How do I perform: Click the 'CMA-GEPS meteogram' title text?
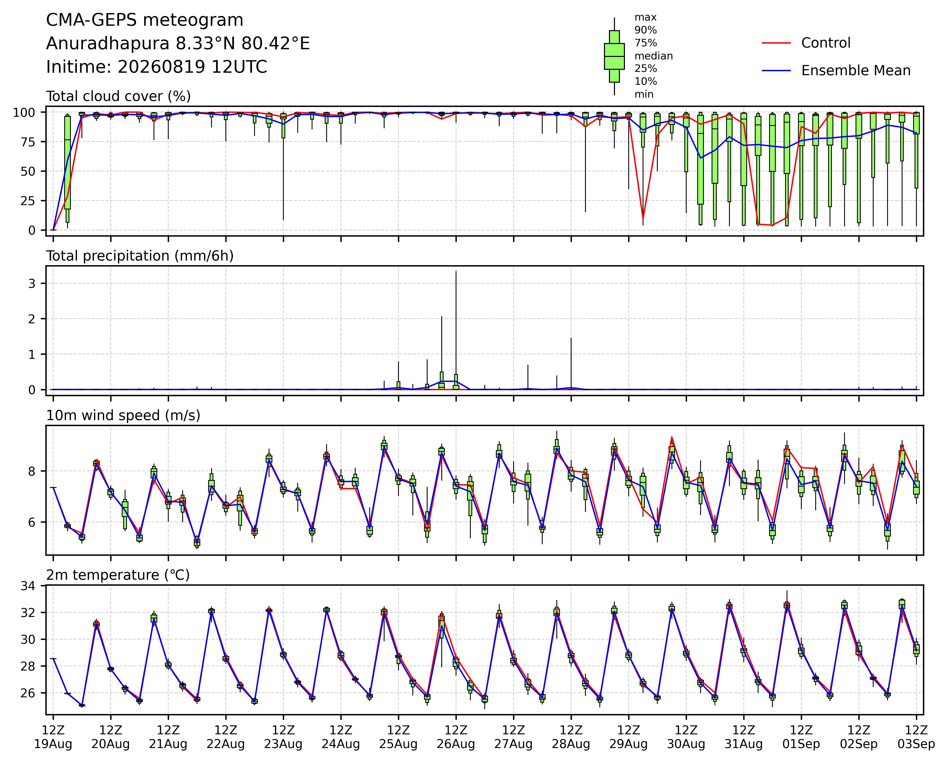[145, 20]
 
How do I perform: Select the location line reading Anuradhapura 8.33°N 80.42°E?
[178, 44]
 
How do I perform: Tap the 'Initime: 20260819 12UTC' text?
[156, 67]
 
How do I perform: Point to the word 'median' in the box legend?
[653, 56]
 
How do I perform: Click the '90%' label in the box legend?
[646, 30]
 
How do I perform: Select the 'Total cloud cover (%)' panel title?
[118, 96]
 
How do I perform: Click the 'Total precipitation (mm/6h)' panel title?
[140, 256]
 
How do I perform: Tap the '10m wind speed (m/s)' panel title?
[123, 416]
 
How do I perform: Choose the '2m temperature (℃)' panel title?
[118, 575]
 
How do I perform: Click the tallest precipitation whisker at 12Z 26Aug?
[456, 330]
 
